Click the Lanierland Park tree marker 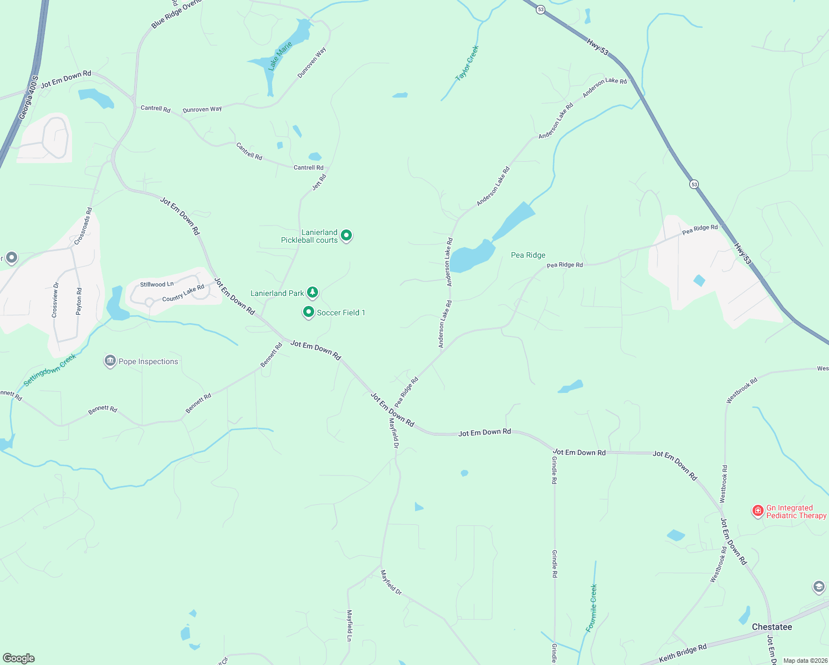313,292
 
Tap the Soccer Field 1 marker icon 309,312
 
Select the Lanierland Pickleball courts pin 346,236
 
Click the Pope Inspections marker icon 110,361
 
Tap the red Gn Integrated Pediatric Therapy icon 758,511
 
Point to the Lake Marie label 280,56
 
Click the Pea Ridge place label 528,255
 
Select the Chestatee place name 772,627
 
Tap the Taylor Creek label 467,63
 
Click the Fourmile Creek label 592,608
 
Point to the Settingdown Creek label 50,370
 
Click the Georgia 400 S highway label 28,98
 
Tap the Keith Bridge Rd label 683,653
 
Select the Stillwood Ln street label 157,284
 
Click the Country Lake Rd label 183,293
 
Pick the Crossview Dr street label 55,300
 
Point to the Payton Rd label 79,301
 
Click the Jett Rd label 319,182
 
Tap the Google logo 19,658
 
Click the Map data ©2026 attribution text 803,661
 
